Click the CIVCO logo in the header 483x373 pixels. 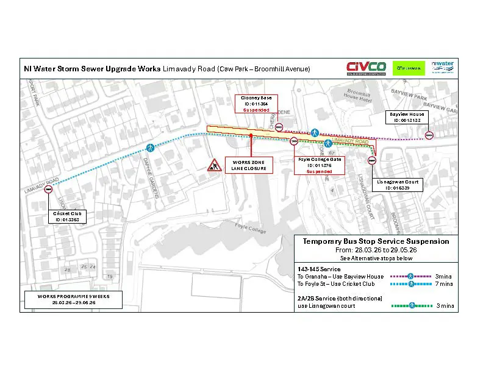coord(365,68)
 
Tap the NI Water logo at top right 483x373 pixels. coord(443,66)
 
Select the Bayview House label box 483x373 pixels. coord(408,117)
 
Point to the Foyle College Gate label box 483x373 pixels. coord(318,165)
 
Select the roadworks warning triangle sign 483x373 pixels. coord(214,165)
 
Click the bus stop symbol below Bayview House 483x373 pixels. coord(429,136)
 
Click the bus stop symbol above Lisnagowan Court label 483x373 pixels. coord(371,161)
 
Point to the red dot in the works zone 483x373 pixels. coord(251,135)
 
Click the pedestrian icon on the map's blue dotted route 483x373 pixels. coord(151,147)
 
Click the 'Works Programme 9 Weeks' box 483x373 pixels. coord(73,299)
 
